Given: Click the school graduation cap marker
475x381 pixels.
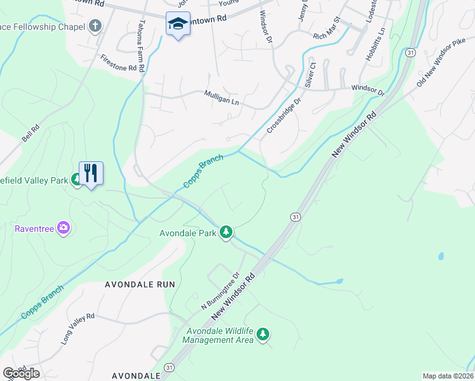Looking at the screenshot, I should click(177, 25).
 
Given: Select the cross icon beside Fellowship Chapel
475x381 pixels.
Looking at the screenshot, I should click(95, 26).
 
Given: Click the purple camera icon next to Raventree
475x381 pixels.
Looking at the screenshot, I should click(63, 227).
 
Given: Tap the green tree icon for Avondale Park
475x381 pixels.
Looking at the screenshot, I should click(225, 232).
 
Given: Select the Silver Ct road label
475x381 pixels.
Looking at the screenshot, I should click(310, 75).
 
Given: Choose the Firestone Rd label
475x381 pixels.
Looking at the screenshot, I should click(118, 62).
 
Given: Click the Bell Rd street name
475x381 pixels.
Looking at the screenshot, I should click(30, 133).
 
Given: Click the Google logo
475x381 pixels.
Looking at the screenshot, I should click(21, 373).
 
